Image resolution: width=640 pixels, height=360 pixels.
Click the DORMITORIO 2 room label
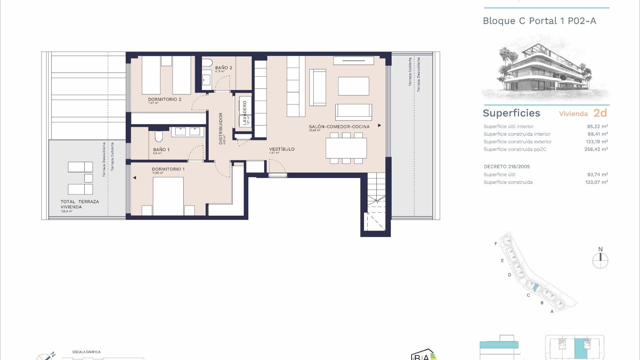pyautogui.click(x=165, y=99)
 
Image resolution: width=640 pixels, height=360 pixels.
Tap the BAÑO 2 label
pyautogui.click(x=223, y=68)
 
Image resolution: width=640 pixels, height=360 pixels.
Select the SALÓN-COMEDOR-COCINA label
pyautogui.click(x=339, y=127)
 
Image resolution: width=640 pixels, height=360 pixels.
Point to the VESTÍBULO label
pyautogui.click(x=282, y=149)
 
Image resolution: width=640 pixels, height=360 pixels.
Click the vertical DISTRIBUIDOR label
pyautogui.click(x=221, y=128)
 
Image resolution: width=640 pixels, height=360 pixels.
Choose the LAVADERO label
pyautogui.click(x=245, y=113)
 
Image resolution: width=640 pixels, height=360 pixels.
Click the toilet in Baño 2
pyautogui.click(x=207, y=63)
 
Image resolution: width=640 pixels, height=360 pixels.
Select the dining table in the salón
pyautogui.click(x=346, y=148)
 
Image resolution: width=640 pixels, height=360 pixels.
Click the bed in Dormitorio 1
pyautogui.click(x=168, y=196)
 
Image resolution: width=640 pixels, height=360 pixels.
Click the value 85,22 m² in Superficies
pyautogui.click(x=597, y=126)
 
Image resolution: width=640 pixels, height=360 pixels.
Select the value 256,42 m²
pyautogui.click(x=596, y=149)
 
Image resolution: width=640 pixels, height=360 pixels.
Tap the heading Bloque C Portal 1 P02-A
pyautogui.click(x=539, y=21)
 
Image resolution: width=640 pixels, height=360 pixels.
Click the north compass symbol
pyautogui.click(x=600, y=260)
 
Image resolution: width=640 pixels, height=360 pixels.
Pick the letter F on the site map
pyautogui.click(x=496, y=244)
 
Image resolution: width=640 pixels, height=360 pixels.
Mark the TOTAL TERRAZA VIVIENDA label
pyautogui.click(x=80, y=204)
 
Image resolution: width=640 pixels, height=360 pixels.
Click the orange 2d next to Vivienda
pyautogui.click(x=600, y=113)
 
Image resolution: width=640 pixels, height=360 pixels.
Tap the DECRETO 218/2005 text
pyautogui.click(x=507, y=167)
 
